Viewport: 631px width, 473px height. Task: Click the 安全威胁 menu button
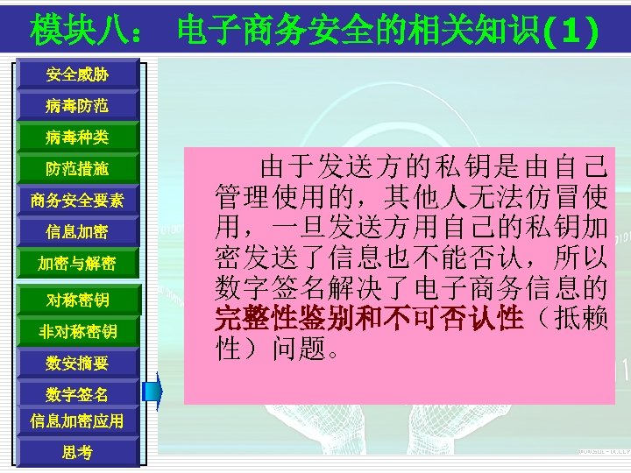77,75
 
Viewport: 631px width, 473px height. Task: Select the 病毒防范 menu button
77,106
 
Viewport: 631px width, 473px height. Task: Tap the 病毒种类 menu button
77,138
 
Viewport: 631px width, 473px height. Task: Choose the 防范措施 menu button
77,168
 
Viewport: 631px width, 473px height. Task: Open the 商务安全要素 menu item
77,201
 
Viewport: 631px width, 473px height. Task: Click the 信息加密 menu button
77,232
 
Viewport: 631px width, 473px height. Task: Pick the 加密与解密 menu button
77,264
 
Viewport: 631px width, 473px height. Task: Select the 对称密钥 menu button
77,300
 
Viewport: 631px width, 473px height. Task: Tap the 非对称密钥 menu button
77,331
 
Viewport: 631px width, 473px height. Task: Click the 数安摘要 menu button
77,362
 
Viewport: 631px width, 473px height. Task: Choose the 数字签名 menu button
77,395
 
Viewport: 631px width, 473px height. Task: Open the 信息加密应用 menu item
77,420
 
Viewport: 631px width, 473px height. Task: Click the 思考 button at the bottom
77,452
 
